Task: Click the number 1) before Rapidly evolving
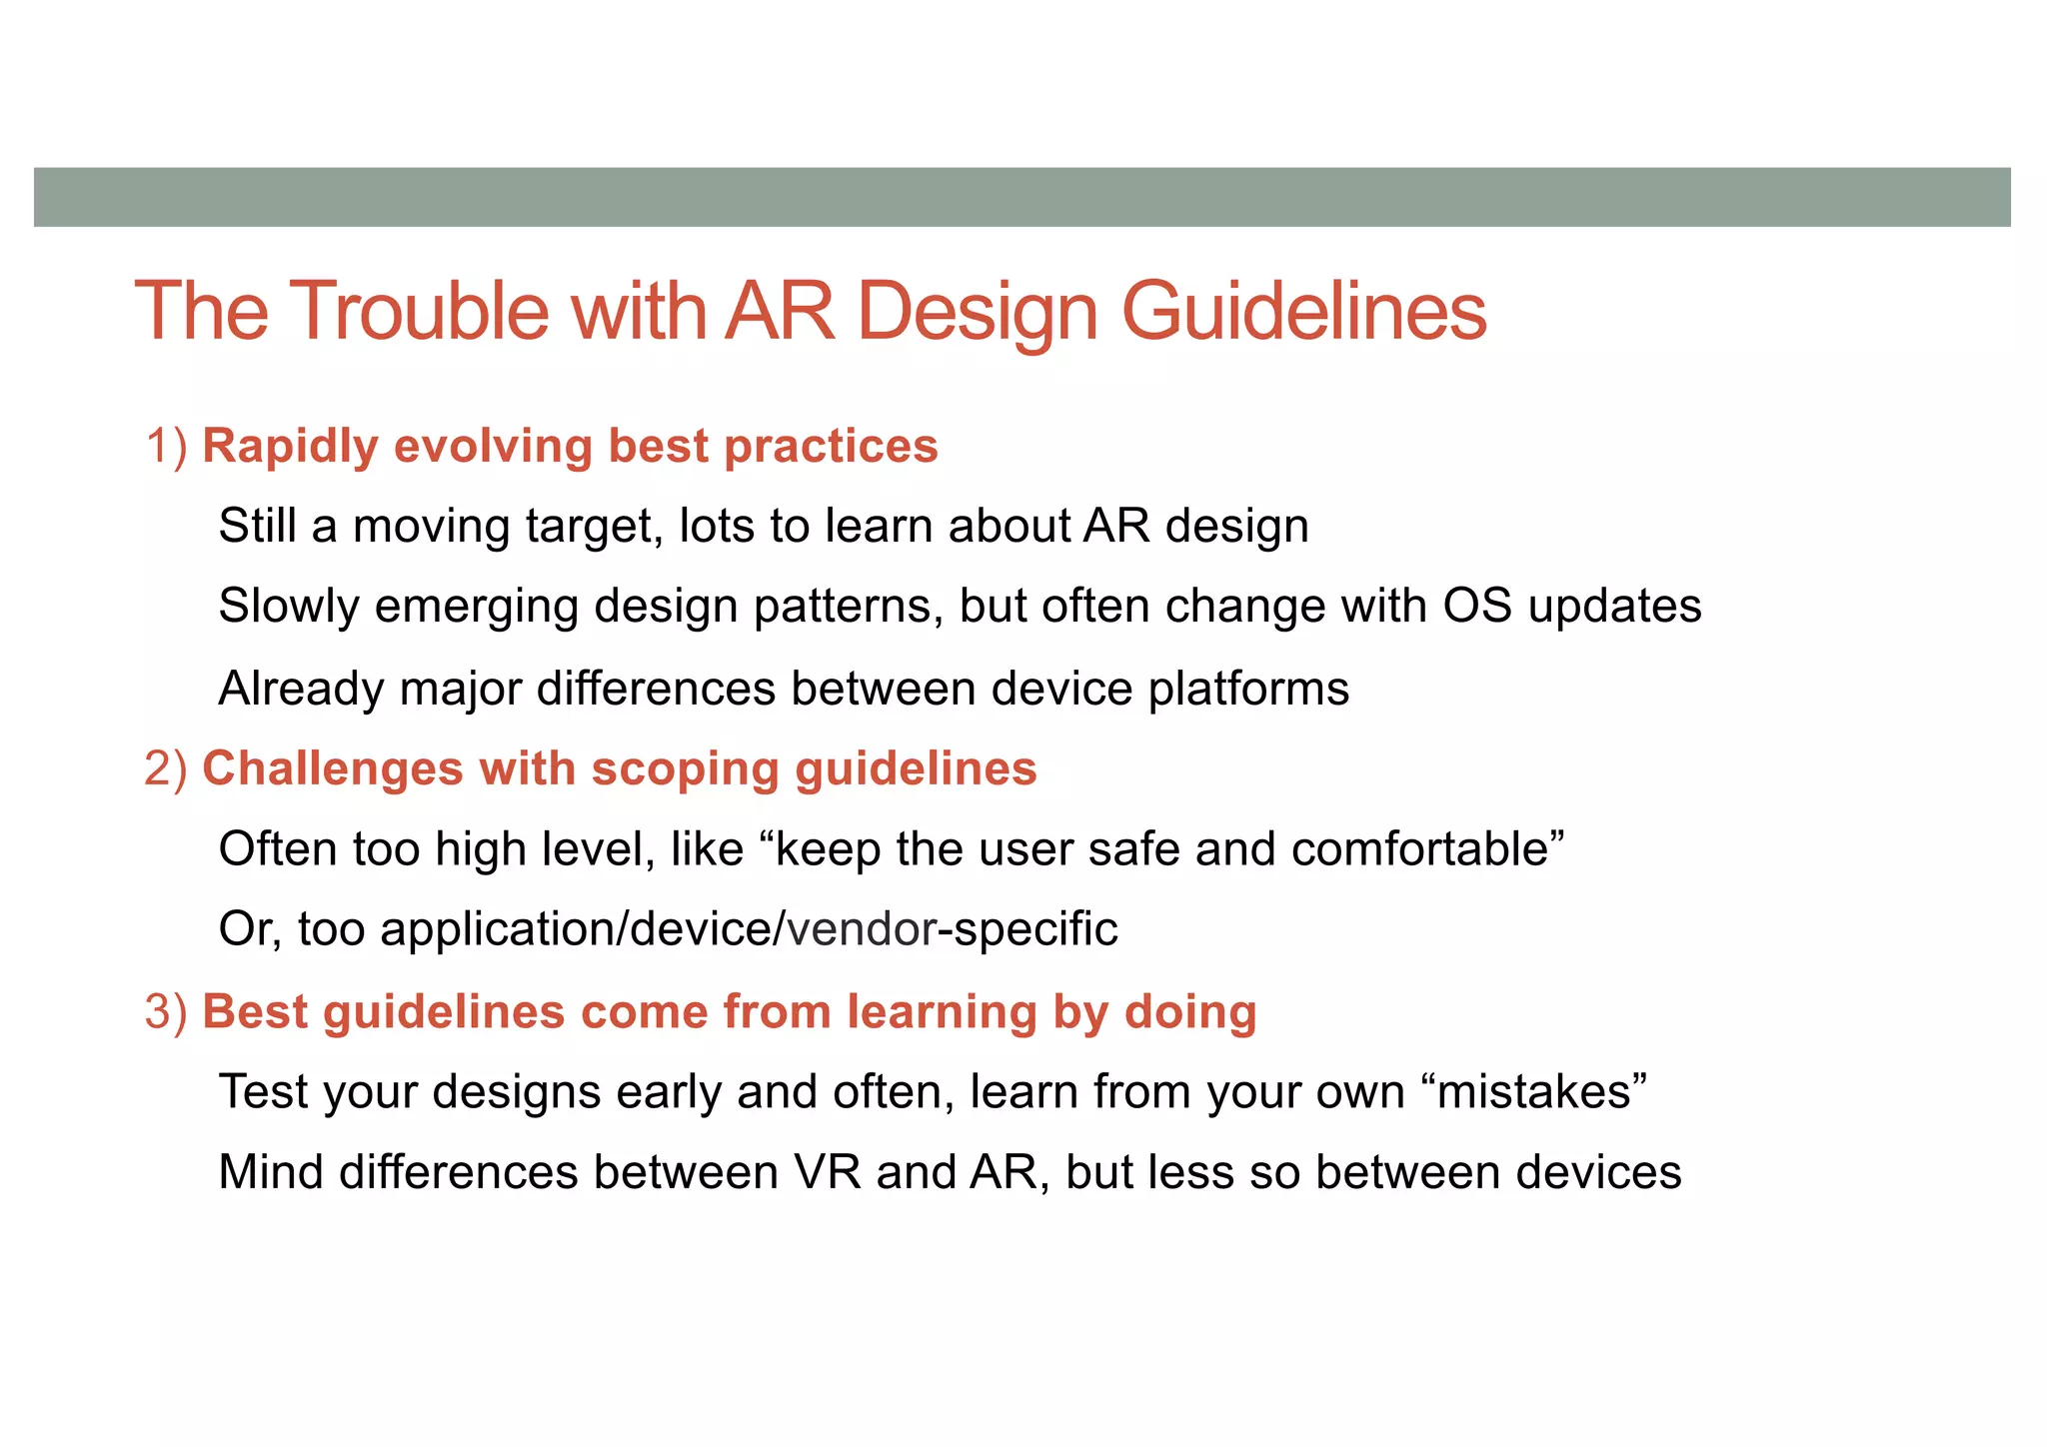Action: pyautogui.click(x=166, y=446)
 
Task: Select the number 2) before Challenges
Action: pyautogui.click(x=166, y=769)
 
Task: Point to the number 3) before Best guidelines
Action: pyautogui.click(x=166, y=1011)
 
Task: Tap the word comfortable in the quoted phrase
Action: pyautogui.click(x=1419, y=849)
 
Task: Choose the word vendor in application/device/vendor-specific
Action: pyautogui.click(x=862, y=929)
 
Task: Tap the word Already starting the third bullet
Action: pyautogui.click(x=301, y=690)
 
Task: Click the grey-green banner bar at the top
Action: pyautogui.click(x=1022, y=197)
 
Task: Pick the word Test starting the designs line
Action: pyautogui.click(x=263, y=1092)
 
